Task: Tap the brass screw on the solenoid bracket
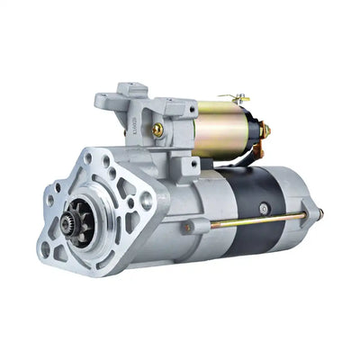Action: tap(158, 129)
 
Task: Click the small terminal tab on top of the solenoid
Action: tap(238, 97)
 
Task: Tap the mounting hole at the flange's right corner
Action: tap(146, 202)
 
